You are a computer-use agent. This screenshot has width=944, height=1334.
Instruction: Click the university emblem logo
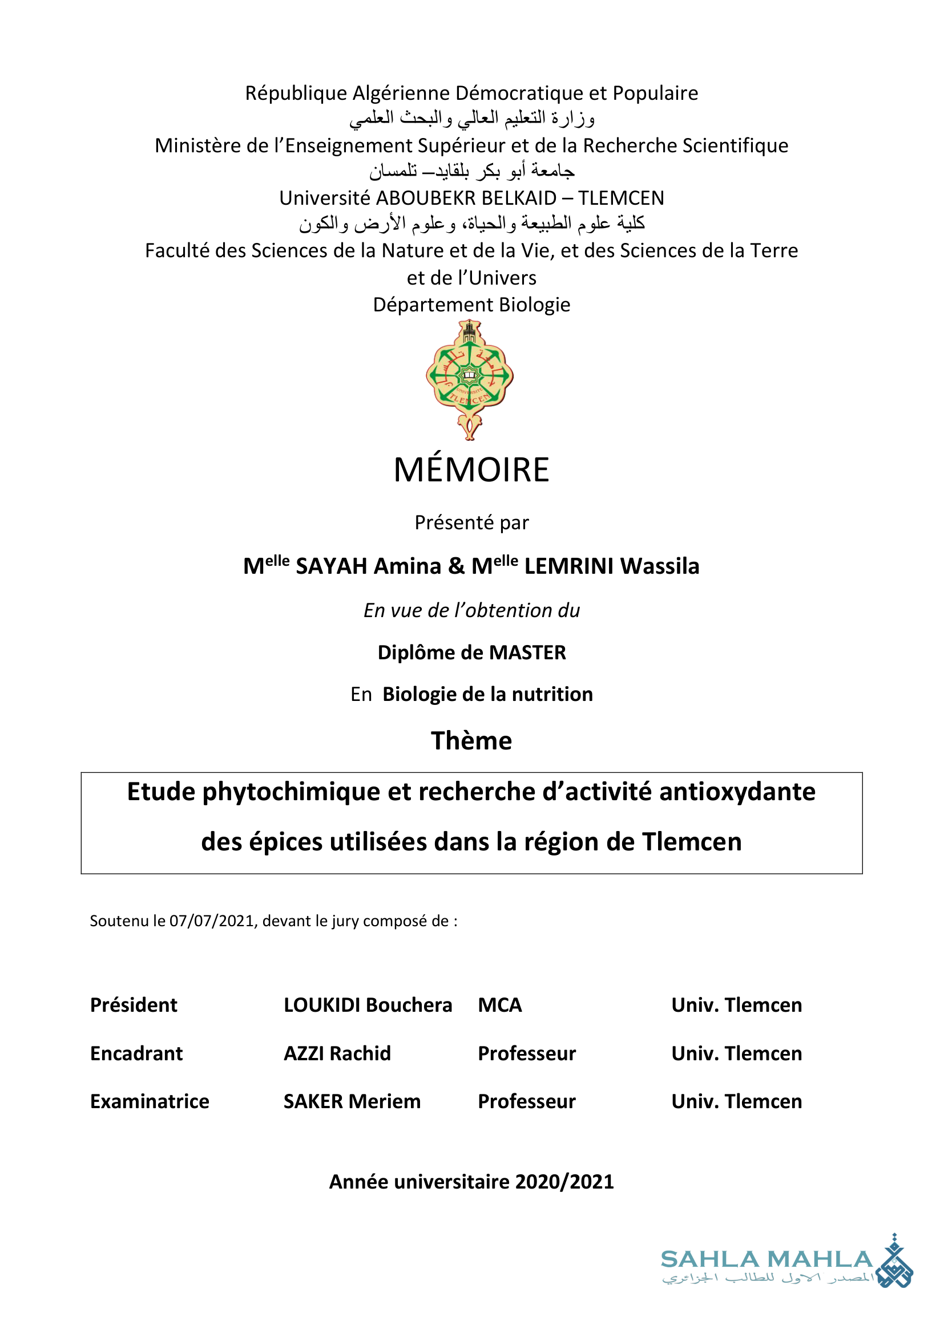coord(470,378)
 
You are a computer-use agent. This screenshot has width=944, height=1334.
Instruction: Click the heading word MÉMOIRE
coord(471,470)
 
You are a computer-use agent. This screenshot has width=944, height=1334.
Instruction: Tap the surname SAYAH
coord(331,566)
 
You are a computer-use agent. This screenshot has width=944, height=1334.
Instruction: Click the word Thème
coord(471,741)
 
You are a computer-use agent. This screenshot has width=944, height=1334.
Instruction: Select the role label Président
coord(134,1005)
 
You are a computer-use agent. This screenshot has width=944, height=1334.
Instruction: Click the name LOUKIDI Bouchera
coord(368,1005)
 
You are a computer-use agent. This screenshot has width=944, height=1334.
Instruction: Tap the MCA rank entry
coord(500,1005)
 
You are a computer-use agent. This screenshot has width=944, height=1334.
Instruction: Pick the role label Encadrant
coord(136,1053)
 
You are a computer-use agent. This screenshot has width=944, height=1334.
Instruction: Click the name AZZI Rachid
coord(337,1053)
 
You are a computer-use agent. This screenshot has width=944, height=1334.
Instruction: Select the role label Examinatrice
coord(150,1102)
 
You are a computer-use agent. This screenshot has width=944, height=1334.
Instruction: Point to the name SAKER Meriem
coord(352,1102)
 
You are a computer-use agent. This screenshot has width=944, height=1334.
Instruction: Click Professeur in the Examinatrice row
coord(527,1102)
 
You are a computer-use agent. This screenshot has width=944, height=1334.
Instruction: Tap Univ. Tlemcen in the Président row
coord(736,1005)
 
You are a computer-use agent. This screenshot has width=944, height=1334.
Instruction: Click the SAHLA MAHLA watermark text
coord(767,1259)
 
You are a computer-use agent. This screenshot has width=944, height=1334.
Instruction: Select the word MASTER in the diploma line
coord(527,652)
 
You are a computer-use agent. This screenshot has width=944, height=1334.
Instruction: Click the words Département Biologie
coord(471,305)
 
